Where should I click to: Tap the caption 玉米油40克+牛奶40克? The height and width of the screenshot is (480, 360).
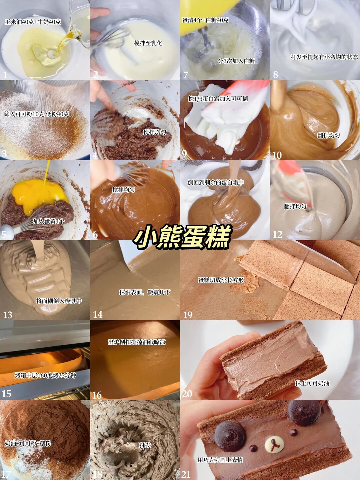tap(33, 22)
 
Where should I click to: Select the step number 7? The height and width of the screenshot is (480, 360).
tap(186, 75)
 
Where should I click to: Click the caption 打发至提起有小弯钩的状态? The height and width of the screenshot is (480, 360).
tap(324, 57)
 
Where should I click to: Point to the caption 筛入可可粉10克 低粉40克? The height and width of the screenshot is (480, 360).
tap(37, 114)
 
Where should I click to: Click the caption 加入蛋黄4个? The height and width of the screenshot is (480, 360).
tap(49, 221)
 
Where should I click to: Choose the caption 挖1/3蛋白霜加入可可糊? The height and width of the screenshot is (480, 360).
tap(218, 99)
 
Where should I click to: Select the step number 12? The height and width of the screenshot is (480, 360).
tap(277, 235)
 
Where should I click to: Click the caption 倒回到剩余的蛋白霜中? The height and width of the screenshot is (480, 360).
tap(216, 182)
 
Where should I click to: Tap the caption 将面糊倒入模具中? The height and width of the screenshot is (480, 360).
tap(59, 301)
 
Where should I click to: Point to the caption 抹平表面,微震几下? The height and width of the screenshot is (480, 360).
tap(144, 292)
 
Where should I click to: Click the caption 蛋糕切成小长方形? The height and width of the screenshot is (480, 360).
tap(221, 280)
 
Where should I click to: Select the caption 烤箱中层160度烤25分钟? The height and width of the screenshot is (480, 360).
tap(45, 375)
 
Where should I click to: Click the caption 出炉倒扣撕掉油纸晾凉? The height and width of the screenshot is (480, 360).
tap(137, 342)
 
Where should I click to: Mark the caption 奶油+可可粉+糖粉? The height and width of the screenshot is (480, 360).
tap(28, 443)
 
